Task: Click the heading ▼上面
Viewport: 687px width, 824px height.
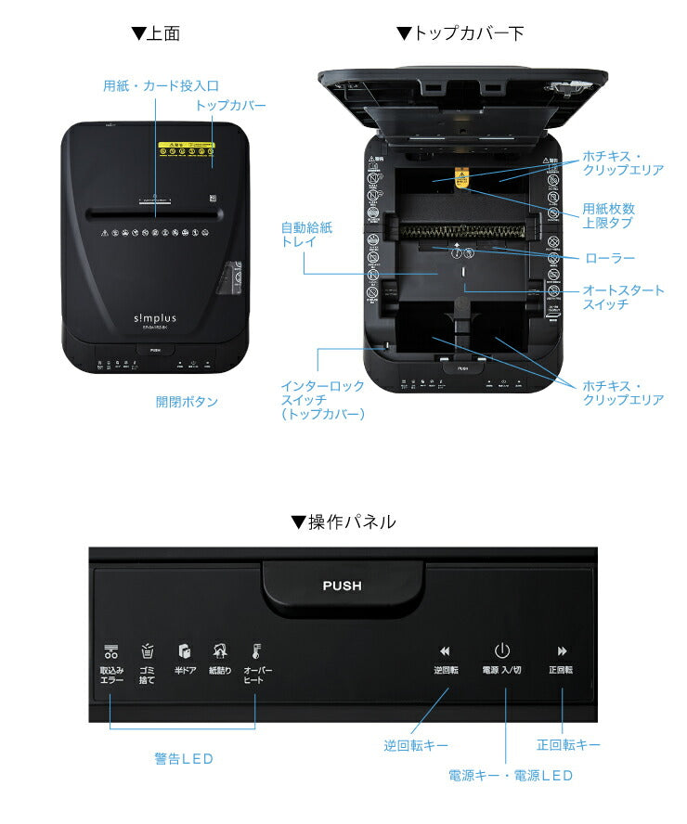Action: (155, 34)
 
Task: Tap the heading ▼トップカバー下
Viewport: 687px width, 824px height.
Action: (460, 34)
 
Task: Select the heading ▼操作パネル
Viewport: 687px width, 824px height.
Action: (343, 522)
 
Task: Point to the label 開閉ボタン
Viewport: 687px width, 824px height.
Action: (187, 402)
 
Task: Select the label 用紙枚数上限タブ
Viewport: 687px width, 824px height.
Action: (608, 216)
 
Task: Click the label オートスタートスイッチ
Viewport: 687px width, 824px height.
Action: (623, 297)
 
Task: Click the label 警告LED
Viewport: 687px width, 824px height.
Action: (184, 758)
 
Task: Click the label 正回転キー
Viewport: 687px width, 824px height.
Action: (568, 745)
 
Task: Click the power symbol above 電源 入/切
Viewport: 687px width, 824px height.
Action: (502, 650)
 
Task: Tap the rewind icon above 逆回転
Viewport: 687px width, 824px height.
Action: (445, 651)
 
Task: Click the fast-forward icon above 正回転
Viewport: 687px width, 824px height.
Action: (562, 651)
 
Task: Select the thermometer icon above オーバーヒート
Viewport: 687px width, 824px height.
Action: (256, 651)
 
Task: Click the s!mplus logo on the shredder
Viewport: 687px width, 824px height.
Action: (155, 318)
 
